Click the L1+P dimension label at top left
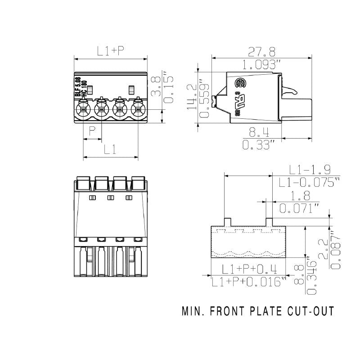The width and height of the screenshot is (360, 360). point(111,51)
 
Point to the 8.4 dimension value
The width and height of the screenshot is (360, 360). point(259,132)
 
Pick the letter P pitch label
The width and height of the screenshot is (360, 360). point(92,132)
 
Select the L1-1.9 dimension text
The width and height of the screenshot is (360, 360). point(310,170)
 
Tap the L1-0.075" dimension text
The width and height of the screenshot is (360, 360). point(309,182)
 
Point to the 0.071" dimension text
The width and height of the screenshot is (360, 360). point(299,208)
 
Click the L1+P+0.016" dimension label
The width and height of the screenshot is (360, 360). point(249,282)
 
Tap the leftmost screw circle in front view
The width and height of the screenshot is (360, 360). point(83,109)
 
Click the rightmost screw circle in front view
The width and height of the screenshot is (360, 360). point(137,109)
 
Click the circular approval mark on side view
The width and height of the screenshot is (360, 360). point(240,84)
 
